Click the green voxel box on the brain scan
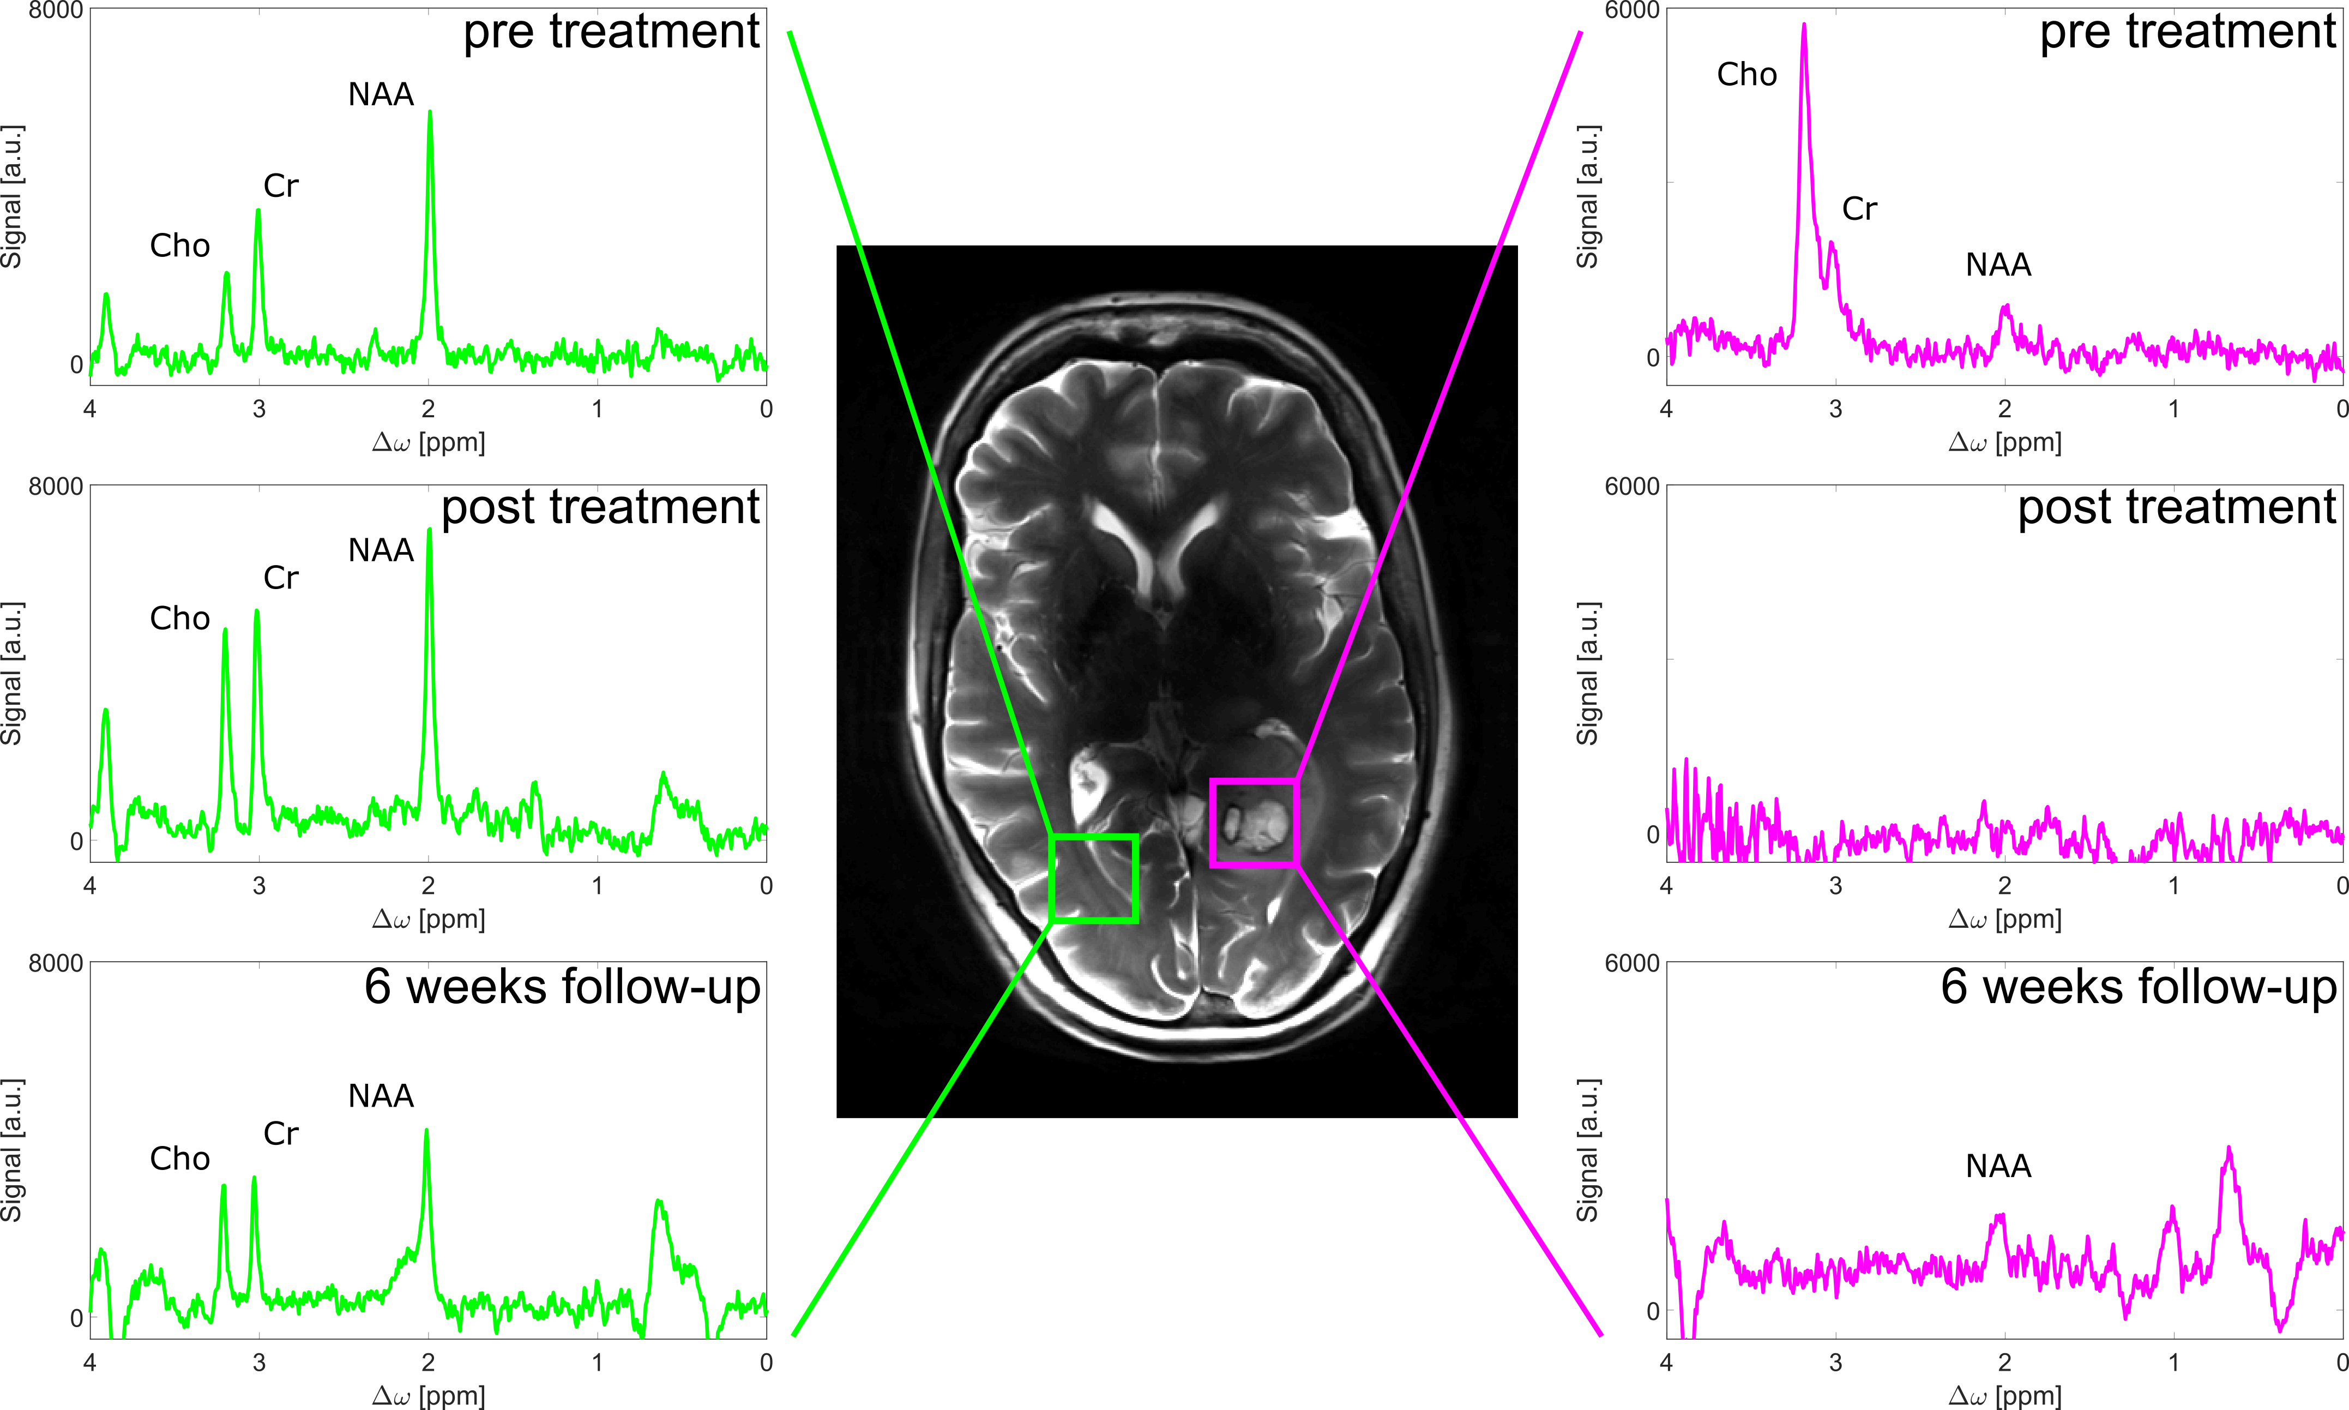1094,879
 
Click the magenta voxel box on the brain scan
1255,823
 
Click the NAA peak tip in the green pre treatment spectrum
430,113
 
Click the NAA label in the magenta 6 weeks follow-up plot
1997,1166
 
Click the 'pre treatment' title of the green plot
611,32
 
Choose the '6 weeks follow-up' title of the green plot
562,987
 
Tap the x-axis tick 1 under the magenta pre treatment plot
2173,410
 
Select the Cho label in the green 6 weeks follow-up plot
179,1159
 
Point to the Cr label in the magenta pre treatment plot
1859,209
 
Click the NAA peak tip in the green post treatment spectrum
429,530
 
